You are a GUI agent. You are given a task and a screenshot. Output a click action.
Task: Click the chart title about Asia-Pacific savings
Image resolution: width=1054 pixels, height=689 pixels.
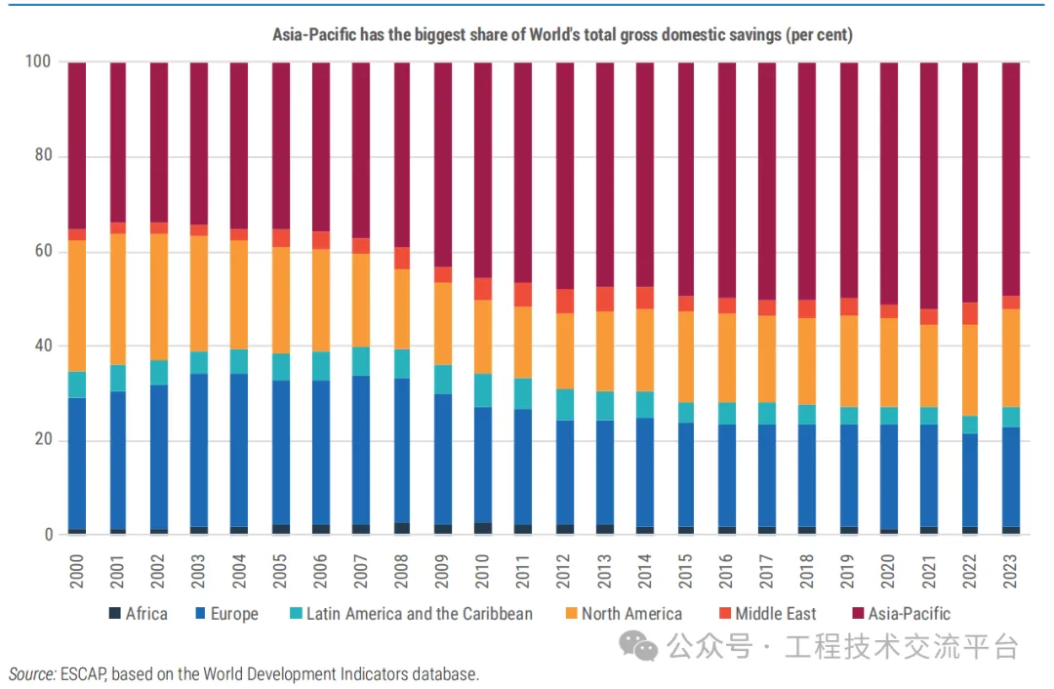pyautogui.click(x=562, y=35)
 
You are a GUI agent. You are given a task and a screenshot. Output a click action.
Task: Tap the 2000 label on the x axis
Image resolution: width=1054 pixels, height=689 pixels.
pyautogui.click(x=77, y=574)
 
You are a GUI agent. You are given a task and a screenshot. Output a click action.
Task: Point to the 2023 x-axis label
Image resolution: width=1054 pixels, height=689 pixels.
pyautogui.click(x=1010, y=574)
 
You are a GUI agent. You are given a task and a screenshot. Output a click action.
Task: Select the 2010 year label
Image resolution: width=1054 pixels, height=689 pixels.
pyautogui.click(x=483, y=574)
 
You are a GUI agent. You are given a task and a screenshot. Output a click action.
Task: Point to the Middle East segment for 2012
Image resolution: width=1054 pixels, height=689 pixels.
pyautogui.click(x=564, y=301)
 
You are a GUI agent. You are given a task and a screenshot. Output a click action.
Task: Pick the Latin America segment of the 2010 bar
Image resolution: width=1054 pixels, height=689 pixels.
pyautogui.click(x=483, y=390)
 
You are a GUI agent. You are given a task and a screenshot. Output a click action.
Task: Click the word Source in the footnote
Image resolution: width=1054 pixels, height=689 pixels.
pyautogui.click(x=32, y=674)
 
